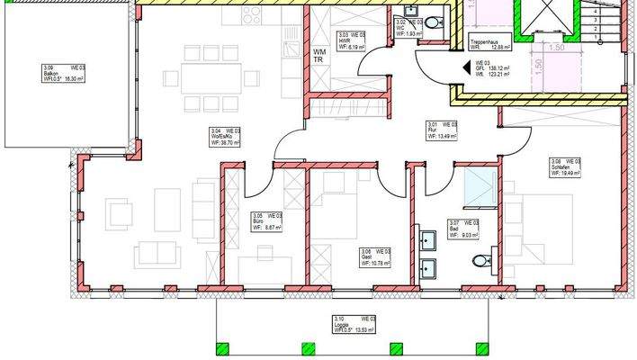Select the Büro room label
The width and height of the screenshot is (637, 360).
tap(266, 221)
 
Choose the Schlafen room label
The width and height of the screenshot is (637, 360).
tap(565, 166)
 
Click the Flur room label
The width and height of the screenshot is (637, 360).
tap(441, 130)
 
